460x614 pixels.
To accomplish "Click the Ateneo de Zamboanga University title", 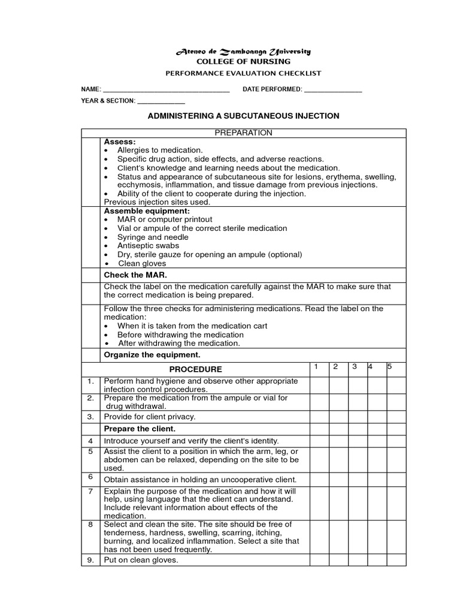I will [x=243, y=52].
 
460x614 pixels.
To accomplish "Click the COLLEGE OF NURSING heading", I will [x=243, y=62].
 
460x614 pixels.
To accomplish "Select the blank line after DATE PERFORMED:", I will [x=333, y=90].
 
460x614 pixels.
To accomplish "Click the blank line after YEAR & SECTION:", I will [x=161, y=101].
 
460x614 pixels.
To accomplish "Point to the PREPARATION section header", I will [x=243, y=133].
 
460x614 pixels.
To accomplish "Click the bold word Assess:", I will [x=120, y=142].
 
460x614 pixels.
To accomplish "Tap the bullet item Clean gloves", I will [x=142, y=263].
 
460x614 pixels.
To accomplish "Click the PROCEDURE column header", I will [x=195, y=369].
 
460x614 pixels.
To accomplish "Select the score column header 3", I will [x=355, y=366].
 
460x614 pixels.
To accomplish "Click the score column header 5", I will [x=390, y=366].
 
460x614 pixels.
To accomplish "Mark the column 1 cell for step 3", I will [x=319, y=416].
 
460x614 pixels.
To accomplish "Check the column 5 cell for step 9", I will [x=396, y=561].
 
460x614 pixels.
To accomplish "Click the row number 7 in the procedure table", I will [x=90, y=491].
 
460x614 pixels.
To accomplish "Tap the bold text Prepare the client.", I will [x=140, y=429].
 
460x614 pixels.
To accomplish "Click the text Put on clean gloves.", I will [x=141, y=561].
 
